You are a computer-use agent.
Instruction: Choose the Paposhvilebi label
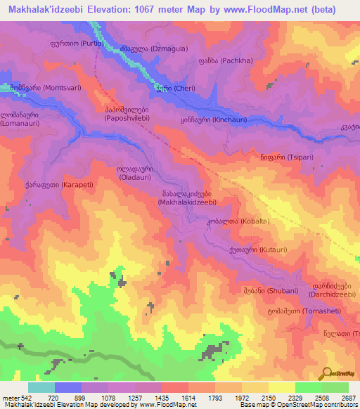(126, 114)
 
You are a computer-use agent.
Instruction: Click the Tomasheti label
(310, 311)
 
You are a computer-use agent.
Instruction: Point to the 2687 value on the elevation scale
(349, 397)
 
